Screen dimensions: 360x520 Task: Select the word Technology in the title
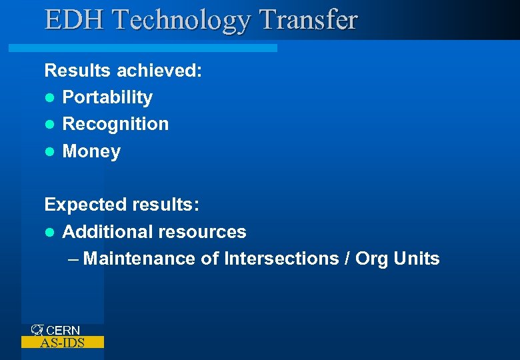(182, 21)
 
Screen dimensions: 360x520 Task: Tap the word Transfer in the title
(308, 19)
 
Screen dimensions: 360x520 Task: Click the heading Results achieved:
(123, 70)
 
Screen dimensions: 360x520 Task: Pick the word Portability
(107, 97)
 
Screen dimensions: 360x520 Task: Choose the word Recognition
(115, 124)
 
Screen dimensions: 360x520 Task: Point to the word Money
(91, 151)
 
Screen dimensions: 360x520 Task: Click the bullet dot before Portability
(49, 98)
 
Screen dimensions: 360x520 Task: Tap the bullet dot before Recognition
(49, 125)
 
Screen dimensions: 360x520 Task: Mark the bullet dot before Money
(49, 152)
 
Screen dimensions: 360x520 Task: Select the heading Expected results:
(121, 205)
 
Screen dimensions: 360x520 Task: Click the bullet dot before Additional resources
(49, 233)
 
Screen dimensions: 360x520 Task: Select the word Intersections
(281, 259)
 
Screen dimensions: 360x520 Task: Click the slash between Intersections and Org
(347, 259)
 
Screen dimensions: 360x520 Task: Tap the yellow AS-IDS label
(63, 343)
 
